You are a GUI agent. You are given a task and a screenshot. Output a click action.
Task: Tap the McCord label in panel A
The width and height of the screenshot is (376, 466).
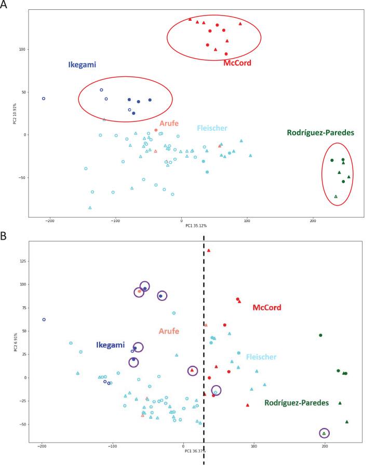pyautogui.click(x=238, y=63)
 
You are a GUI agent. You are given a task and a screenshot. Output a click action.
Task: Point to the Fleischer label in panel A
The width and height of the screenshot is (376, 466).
pyautogui.click(x=212, y=128)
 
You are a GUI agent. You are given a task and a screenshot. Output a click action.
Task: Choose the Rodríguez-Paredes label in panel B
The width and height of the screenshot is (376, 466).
pyautogui.click(x=298, y=403)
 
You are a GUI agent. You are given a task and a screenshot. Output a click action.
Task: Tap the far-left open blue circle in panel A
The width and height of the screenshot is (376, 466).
pyautogui.click(x=44, y=98)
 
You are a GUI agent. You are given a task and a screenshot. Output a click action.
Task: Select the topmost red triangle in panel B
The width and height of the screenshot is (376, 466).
pyautogui.click(x=209, y=250)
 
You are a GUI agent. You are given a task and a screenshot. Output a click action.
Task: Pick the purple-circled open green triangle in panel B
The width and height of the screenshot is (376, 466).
pyautogui.click(x=325, y=433)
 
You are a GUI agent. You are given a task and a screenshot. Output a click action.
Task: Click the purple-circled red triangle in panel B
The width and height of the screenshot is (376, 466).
pyautogui.click(x=193, y=371)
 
